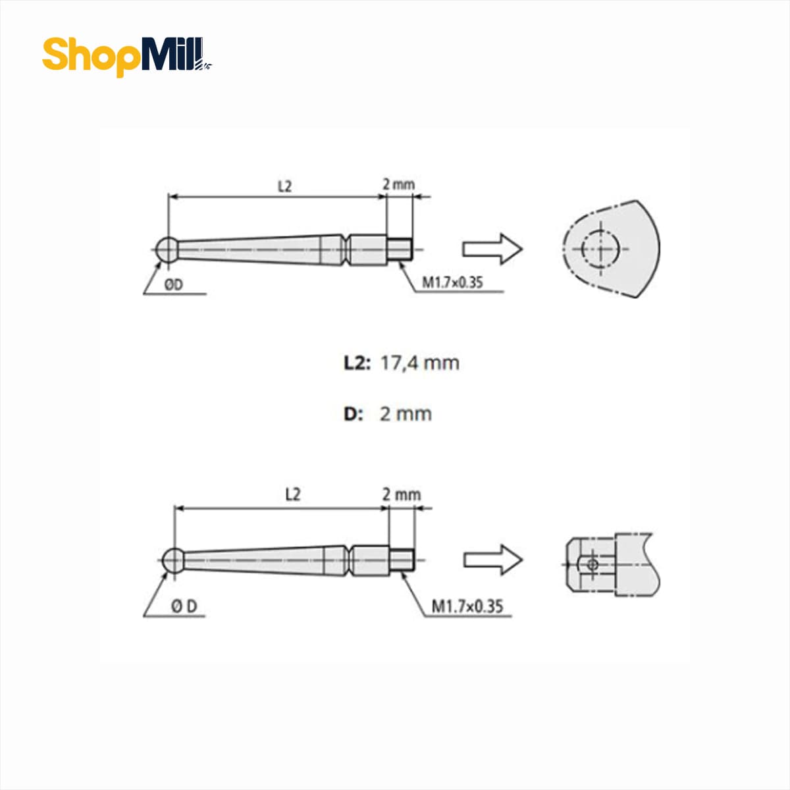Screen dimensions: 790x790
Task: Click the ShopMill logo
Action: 127,57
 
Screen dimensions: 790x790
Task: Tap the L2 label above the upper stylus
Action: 284,186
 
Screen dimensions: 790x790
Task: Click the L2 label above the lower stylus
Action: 293,494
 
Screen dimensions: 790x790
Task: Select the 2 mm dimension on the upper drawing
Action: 398,184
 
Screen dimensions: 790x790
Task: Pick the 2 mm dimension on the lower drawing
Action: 402,495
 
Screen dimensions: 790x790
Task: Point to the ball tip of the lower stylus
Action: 173,560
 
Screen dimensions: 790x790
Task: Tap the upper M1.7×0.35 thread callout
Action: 452,282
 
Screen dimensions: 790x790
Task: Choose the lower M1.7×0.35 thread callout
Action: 467,606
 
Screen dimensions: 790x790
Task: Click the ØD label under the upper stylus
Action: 173,284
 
